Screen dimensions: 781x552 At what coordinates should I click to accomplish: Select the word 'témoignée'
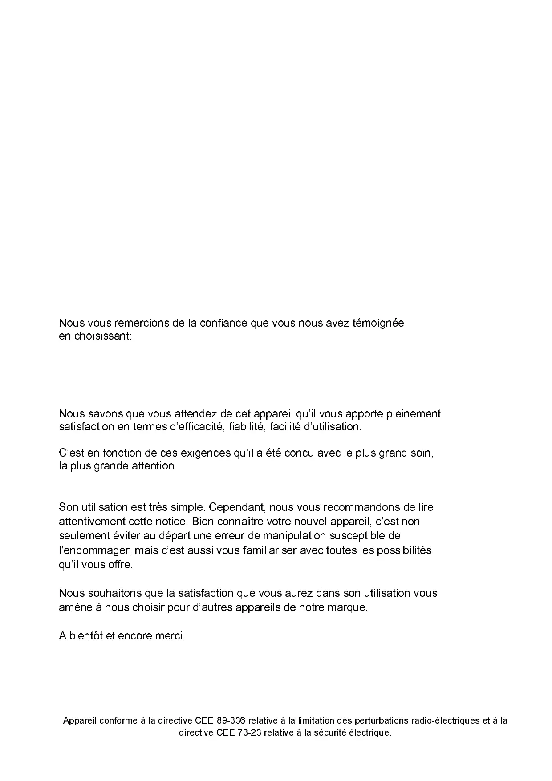point(378,323)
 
